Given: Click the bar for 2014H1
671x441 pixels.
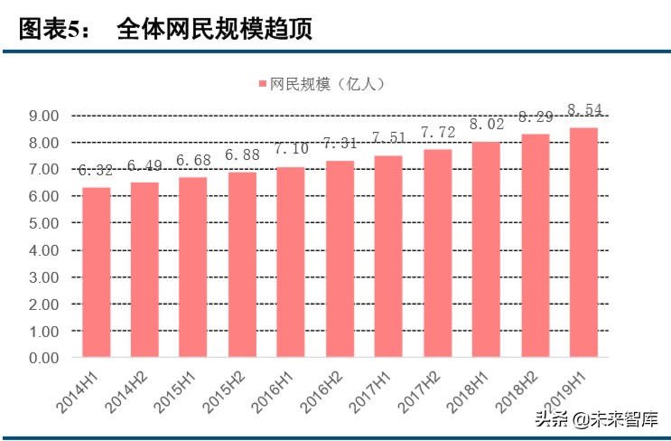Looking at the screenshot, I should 96,272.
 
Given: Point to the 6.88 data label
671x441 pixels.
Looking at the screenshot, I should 242,155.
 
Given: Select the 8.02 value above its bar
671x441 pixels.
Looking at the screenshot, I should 486,125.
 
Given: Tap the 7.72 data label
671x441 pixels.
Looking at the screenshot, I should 437,133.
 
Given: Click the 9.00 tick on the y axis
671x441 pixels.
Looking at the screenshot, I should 43,116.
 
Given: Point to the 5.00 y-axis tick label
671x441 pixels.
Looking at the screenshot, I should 43,223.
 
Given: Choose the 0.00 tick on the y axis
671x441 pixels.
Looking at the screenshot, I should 43,358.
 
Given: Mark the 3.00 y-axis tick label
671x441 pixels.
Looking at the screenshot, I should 43,277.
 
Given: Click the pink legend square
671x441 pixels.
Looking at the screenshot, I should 262,84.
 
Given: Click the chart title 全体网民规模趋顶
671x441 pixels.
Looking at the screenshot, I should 214,29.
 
